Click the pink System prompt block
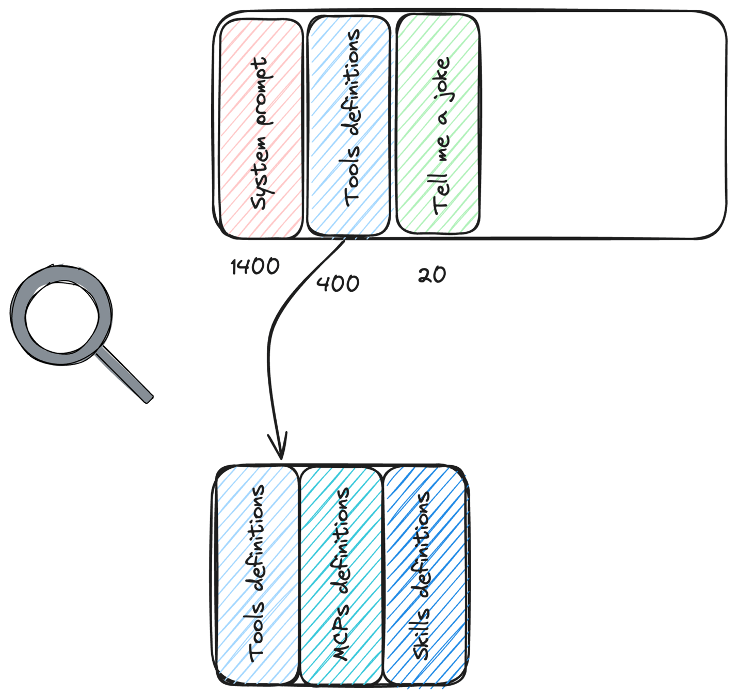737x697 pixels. [261, 128]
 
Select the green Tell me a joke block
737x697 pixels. [438, 124]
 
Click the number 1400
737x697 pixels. [255, 266]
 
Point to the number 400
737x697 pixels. [338, 283]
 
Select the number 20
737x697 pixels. [432, 275]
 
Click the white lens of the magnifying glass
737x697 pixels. [62, 318]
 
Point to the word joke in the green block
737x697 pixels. [442, 76]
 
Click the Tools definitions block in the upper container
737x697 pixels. [349, 125]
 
